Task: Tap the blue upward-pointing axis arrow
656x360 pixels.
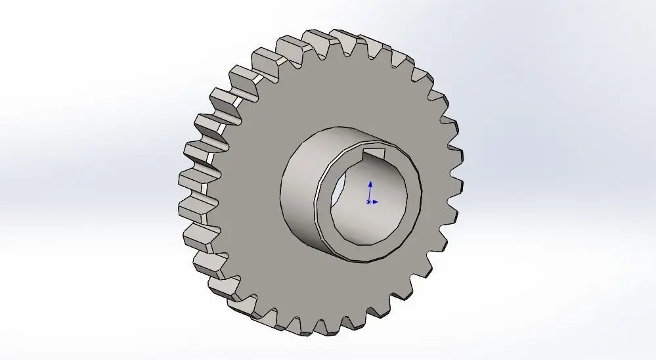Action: click(x=370, y=190)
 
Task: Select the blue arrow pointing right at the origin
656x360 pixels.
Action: click(x=375, y=202)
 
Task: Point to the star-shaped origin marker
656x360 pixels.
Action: click(x=368, y=202)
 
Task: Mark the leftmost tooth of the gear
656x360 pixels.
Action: click(x=190, y=179)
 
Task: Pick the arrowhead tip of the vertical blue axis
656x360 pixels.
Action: click(x=370, y=183)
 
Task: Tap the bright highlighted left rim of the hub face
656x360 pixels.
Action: click(x=318, y=197)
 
